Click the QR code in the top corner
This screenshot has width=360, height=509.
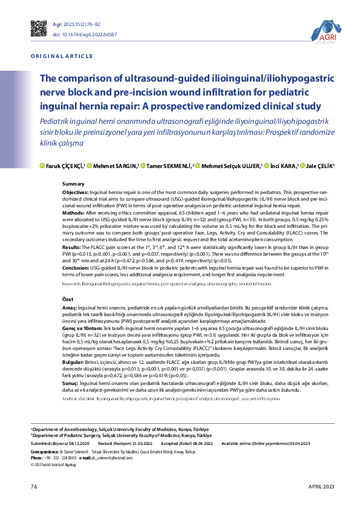[x=39, y=28]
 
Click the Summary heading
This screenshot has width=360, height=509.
[x=73, y=183]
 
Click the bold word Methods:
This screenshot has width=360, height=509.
[x=73, y=213]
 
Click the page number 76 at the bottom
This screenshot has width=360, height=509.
[x=34, y=487]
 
